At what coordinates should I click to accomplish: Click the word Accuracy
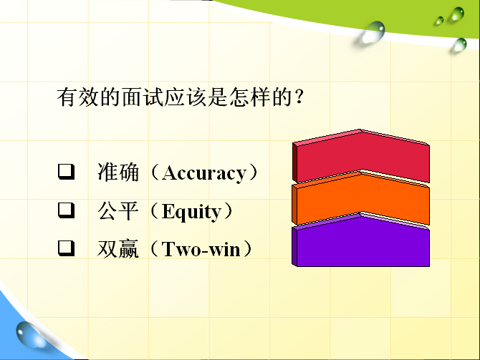tap(204, 173)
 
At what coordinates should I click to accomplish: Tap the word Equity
tap(191, 211)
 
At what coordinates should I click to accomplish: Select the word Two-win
tap(201, 249)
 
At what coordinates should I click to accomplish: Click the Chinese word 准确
tap(118, 172)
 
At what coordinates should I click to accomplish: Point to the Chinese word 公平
tap(118, 210)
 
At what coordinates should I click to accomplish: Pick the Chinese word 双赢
tap(118, 249)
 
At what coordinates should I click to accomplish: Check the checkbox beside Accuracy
tap(67, 172)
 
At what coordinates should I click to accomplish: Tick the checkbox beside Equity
tap(67, 210)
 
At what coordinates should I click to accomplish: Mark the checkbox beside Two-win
tap(67, 248)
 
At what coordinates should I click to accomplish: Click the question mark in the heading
tap(299, 97)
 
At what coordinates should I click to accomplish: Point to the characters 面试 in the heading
tap(143, 97)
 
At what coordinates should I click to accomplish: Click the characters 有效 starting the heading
tap(78, 97)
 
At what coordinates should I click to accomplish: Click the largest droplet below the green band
tap(373, 32)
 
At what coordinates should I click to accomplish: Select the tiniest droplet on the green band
tap(439, 21)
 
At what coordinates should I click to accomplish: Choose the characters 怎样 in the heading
tap(251, 97)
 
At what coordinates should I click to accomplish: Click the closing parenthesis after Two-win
tap(247, 249)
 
